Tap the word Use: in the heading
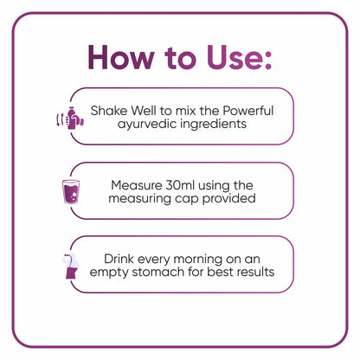pyautogui.click(x=233, y=58)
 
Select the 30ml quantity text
pyautogui.click(x=185, y=184)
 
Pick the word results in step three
pyautogui.click(x=254, y=273)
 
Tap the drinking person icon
pyautogui.click(x=70, y=265)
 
